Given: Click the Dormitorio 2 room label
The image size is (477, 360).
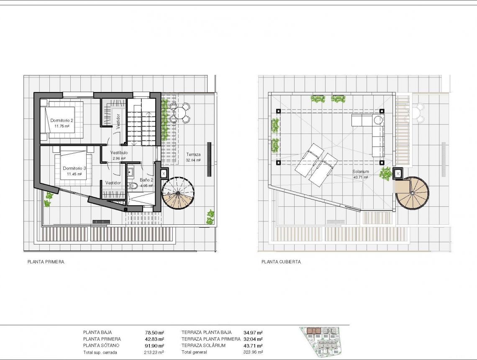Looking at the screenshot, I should tap(62, 121).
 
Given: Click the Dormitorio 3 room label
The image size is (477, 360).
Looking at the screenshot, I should tap(74, 168).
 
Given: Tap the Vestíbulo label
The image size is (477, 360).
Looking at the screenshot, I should tap(119, 153).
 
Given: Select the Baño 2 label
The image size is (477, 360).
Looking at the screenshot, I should tap(146, 180).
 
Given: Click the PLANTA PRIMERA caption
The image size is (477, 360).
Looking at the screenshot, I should tap(46, 262).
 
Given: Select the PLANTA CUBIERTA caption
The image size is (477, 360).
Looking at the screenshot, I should tap(281, 262).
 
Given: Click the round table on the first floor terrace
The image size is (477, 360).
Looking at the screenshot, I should tap(180, 112).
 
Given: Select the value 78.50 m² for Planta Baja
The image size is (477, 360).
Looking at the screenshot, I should tap(154, 332).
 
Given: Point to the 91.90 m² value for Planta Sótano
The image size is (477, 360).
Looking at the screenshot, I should tap(154, 346).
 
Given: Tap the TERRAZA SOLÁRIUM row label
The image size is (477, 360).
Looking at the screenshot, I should tap(203, 346).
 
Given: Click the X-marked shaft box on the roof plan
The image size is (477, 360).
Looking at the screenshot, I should tap(398, 173).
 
